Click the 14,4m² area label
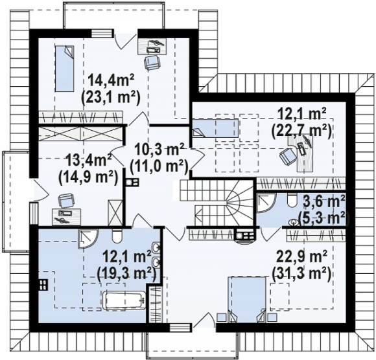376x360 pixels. click(x=111, y=80)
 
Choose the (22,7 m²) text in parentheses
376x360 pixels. click(x=301, y=131)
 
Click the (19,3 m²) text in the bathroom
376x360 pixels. click(x=127, y=273)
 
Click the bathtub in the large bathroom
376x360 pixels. click(x=124, y=300)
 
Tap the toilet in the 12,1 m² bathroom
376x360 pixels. click(x=117, y=236)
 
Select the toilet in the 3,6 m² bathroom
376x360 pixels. click(x=292, y=200)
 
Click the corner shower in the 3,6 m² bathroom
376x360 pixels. click(x=266, y=203)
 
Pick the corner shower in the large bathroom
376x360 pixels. click(x=88, y=239)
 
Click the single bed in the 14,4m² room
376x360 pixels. click(x=65, y=69)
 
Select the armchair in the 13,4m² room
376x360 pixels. click(x=65, y=201)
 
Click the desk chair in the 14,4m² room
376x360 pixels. click(x=151, y=62)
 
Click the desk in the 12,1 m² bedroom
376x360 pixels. click(x=303, y=153)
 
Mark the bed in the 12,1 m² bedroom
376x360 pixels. click(x=215, y=128)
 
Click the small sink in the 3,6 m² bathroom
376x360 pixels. click(x=294, y=222)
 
